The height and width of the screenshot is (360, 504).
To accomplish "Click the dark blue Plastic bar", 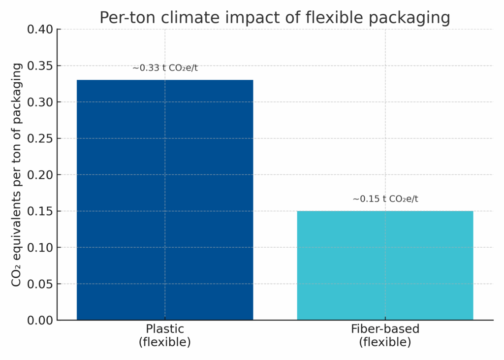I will pyautogui.click(x=165, y=199).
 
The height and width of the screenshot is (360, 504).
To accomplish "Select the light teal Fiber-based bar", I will pyautogui.click(x=385, y=265).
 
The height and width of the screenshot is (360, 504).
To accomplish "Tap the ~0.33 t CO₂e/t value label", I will pyautogui.click(x=165, y=68).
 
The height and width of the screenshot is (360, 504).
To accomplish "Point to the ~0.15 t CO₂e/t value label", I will pyautogui.click(x=385, y=199).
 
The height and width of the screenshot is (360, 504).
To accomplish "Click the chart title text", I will pyautogui.click(x=275, y=18).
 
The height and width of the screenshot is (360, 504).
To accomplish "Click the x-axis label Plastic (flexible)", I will pyautogui.click(x=165, y=335).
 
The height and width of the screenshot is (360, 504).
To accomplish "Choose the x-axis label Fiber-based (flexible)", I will pyautogui.click(x=385, y=335).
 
